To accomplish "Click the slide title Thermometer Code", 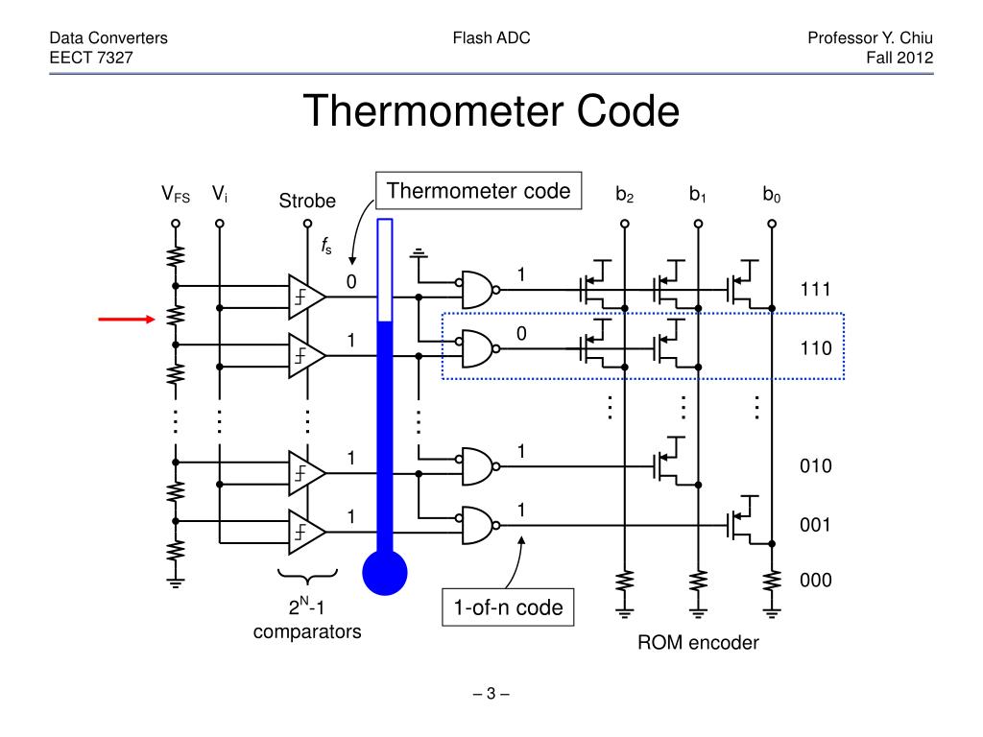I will tap(491, 112).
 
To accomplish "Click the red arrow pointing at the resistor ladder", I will tap(127, 319).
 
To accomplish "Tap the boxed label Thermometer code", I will tap(478, 191).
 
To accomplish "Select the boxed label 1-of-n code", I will tap(509, 607).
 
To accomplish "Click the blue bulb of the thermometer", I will tap(385, 574).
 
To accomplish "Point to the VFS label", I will tap(175, 196).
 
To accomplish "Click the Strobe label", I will tap(307, 201).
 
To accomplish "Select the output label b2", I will tap(624, 196).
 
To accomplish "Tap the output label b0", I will tap(771, 196).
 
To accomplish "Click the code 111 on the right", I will tap(815, 290).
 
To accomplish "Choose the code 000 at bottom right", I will tap(815, 581).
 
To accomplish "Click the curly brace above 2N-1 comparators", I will tap(307, 576).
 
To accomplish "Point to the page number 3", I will tap(491, 694).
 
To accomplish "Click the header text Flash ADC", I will tap(491, 38).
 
